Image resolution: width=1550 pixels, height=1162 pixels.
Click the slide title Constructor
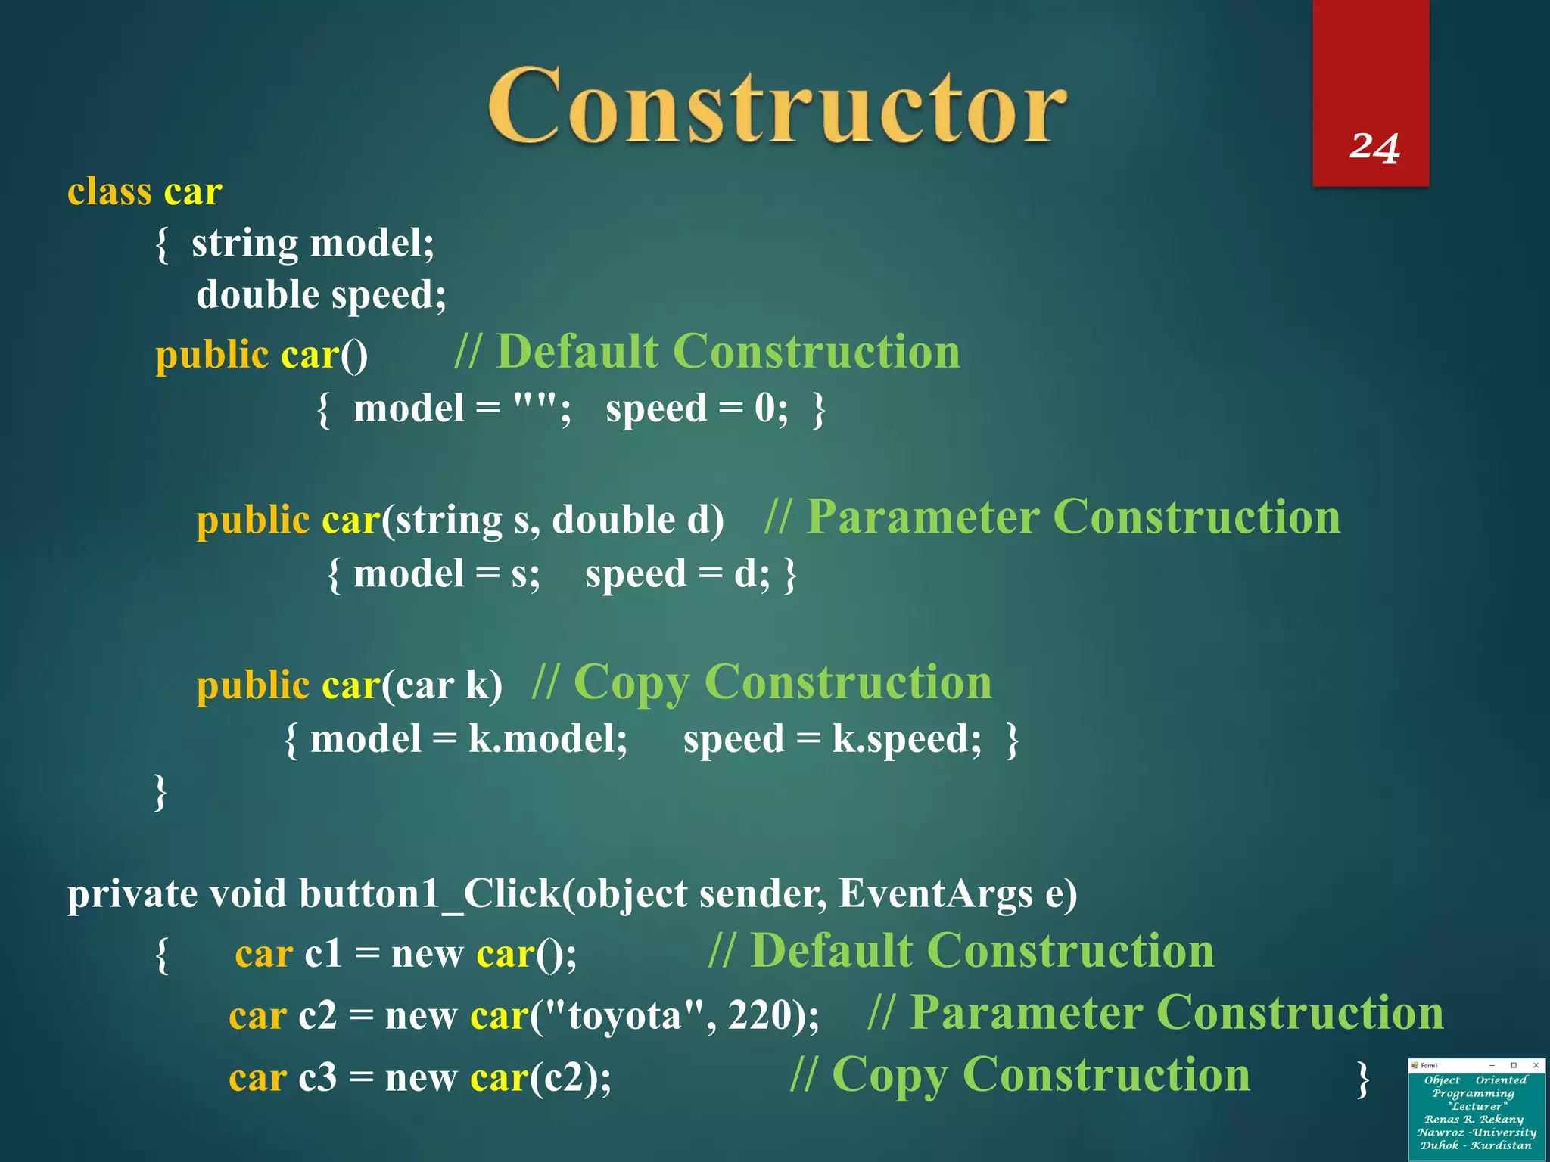pos(777,106)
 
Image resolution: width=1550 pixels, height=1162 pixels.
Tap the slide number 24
pos(1374,147)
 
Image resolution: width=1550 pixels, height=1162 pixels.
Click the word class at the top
pos(109,191)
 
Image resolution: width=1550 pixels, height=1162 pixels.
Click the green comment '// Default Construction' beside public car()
pos(707,352)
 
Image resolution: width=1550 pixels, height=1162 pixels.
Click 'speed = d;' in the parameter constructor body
pos(677,573)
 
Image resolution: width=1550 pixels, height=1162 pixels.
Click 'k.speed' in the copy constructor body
pos(906,739)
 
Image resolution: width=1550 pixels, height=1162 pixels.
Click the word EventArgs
pos(935,894)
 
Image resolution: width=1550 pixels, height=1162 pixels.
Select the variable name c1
pos(323,953)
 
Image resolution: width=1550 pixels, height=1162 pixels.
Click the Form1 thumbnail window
pos(1476,1109)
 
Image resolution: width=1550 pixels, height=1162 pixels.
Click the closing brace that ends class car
pos(160,792)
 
